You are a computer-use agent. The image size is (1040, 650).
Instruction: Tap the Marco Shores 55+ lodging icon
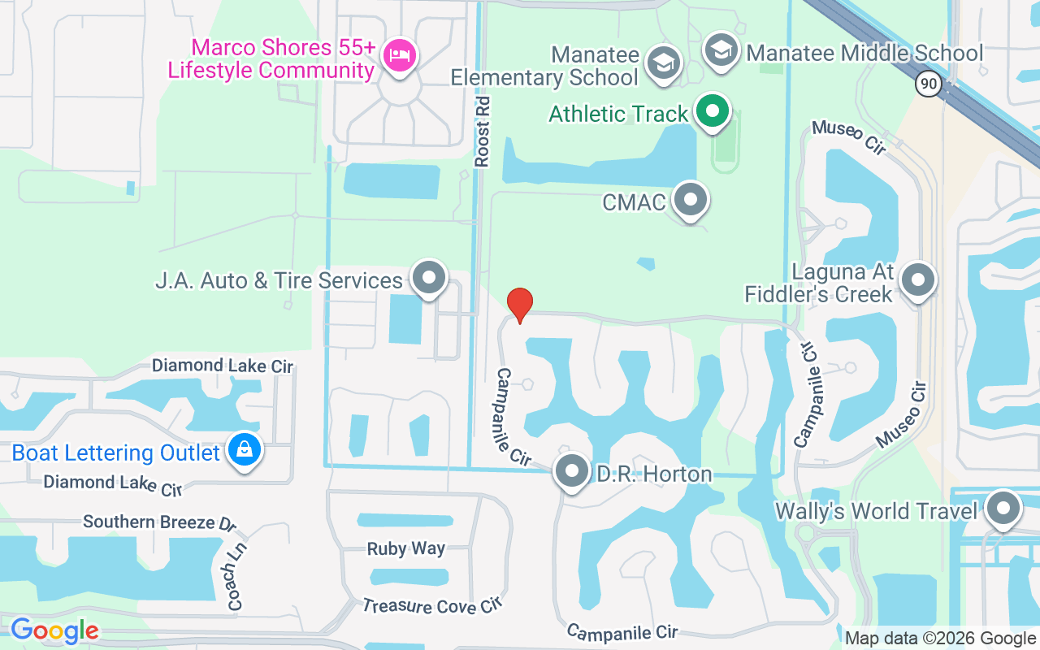point(399,56)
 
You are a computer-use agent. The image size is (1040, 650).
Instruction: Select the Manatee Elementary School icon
point(663,63)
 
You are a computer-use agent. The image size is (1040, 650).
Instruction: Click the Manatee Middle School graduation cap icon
point(720,51)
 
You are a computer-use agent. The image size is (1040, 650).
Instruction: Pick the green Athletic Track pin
point(713,112)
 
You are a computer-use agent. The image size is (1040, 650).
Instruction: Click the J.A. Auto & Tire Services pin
point(429,279)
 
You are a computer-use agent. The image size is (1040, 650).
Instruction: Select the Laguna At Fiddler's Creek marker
point(918,281)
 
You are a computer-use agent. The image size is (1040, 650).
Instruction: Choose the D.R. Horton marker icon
point(572,472)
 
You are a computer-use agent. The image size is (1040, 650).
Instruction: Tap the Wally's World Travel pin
point(1003,509)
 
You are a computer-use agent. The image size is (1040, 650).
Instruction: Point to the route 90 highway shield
point(927,83)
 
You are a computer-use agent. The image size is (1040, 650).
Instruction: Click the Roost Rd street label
point(483,132)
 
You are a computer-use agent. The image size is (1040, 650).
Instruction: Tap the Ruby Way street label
point(405,548)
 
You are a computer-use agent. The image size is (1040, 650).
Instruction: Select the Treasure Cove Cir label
point(433,605)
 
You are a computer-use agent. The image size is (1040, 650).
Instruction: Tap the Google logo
point(54,630)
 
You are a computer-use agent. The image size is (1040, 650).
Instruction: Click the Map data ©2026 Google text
point(939,639)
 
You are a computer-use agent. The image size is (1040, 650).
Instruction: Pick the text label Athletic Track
point(618,114)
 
